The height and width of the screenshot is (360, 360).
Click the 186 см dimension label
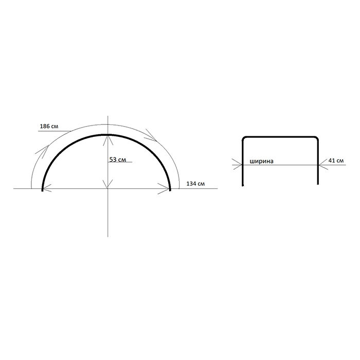pyautogui.click(x=49, y=127)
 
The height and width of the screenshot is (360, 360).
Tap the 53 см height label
pyautogui.click(x=118, y=159)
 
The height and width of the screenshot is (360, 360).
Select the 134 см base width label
pyautogui.click(x=195, y=184)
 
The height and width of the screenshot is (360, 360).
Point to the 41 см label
pyautogui.click(x=336, y=160)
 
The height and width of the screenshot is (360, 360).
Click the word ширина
pyautogui.click(x=261, y=161)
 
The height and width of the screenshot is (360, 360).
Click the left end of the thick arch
pyautogui.click(x=42, y=191)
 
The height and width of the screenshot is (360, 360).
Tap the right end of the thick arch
pyautogui.click(x=170, y=190)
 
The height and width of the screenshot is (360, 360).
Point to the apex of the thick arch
pyautogui.click(x=107, y=135)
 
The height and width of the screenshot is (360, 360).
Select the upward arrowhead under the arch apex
pyautogui.click(x=108, y=140)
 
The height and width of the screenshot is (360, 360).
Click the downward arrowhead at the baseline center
pyautogui.click(x=107, y=184)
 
